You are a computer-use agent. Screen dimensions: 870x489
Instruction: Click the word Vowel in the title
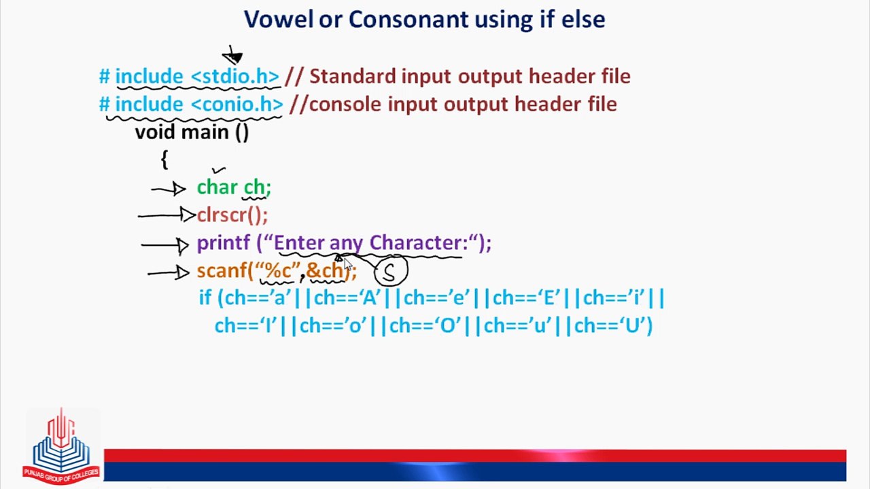click(x=278, y=20)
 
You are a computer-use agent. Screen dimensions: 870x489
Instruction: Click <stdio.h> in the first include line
click(x=235, y=76)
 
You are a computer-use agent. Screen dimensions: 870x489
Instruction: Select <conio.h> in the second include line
click(x=237, y=104)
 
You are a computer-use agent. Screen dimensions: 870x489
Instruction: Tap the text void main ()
click(x=192, y=132)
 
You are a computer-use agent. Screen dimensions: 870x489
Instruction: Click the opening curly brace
click(x=164, y=160)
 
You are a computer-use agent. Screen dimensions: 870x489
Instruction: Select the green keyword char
click(x=217, y=187)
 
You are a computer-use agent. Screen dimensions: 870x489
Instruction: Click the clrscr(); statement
click(x=232, y=215)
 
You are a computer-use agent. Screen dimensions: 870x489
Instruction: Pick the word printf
click(x=224, y=244)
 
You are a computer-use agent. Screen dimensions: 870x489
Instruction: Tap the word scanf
click(x=222, y=270)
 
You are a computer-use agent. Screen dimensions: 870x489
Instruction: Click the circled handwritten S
click(x=391, y=270)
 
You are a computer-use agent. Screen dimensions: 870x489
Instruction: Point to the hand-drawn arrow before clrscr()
click(x=167, y=215)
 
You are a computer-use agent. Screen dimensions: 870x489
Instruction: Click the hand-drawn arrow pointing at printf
click(x=165, y=245)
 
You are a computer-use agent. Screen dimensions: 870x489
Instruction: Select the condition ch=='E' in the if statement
click(x=527, y=298)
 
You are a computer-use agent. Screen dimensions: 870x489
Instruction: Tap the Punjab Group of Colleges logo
click(x=61, y=446)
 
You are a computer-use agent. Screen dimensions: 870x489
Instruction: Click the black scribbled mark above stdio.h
click(x=232, y=56)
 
